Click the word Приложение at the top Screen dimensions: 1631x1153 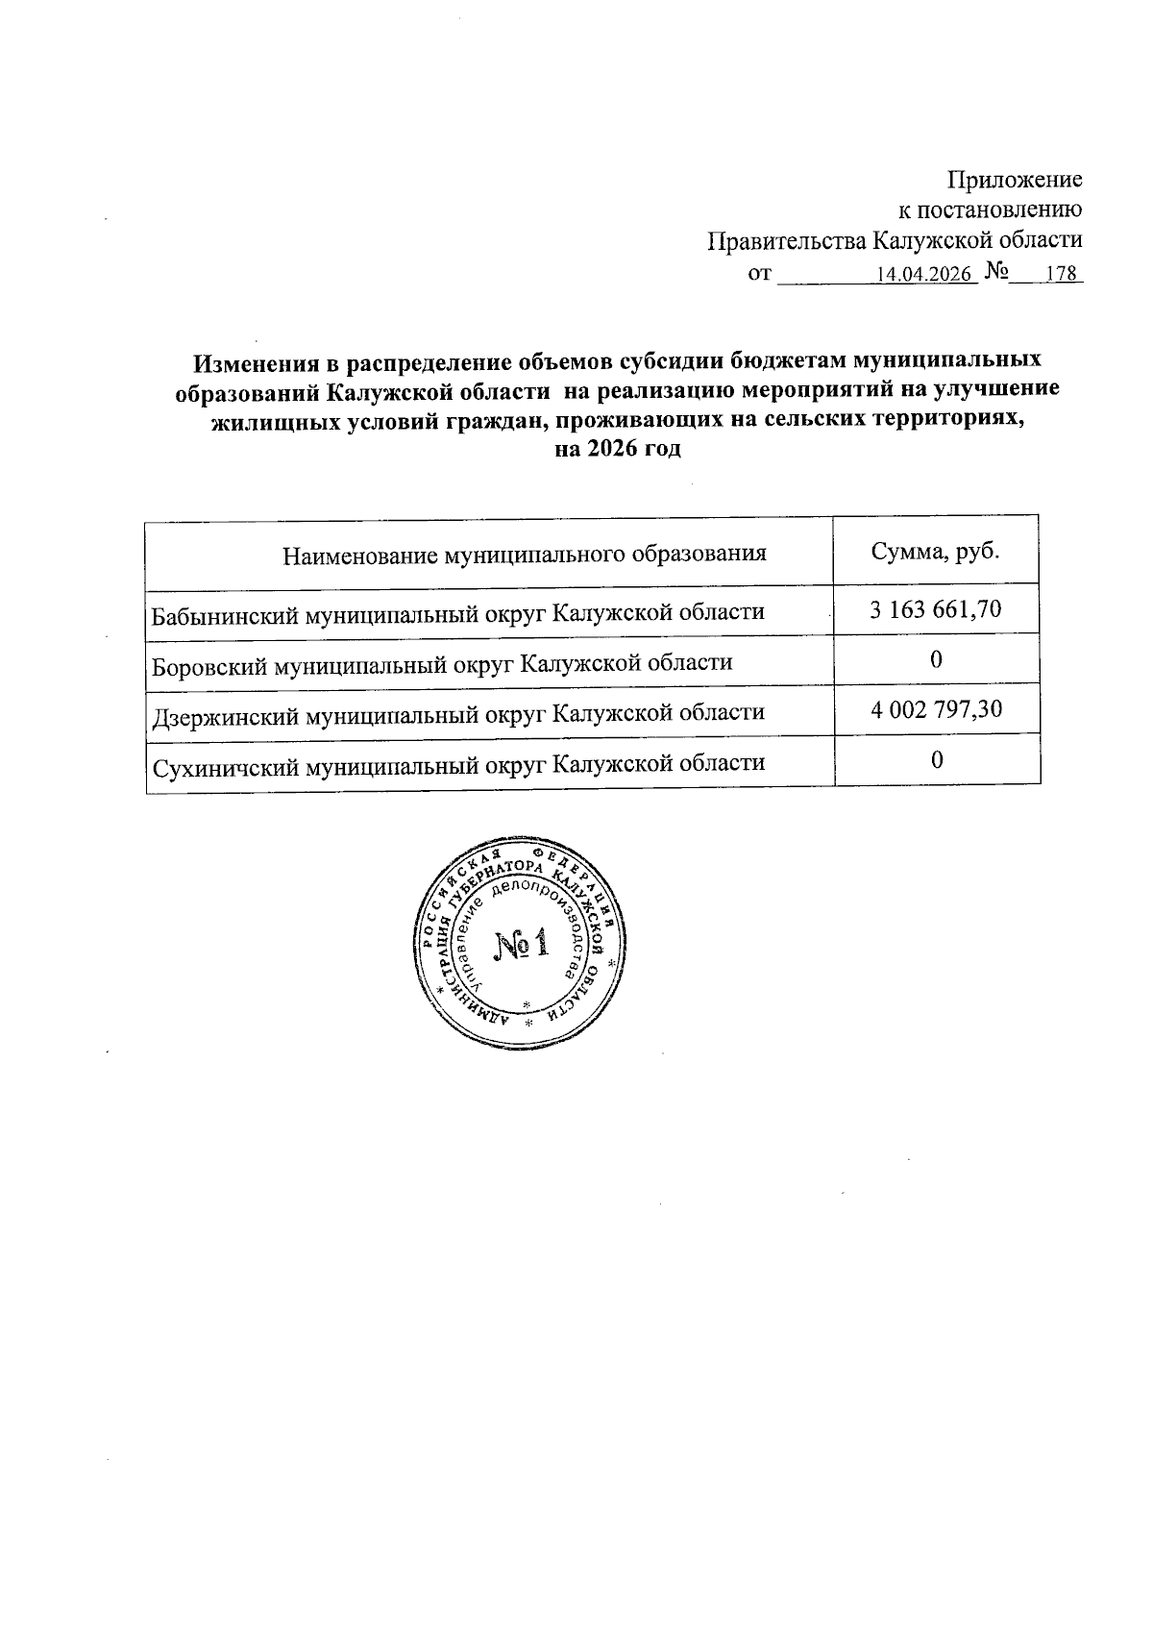[x=1015, y=180]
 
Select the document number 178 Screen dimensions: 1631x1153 [x=1060, y=275]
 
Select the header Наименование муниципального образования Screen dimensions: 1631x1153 [x=525, y=555]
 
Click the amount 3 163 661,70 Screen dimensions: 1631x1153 [x=936, y=608]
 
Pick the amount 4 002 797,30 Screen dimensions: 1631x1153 [x=936, y=710]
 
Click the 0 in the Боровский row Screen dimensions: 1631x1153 [x=936, y=659]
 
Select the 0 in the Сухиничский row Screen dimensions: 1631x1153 [x=936, y=761]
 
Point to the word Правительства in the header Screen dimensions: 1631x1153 [x=777, y=240]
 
